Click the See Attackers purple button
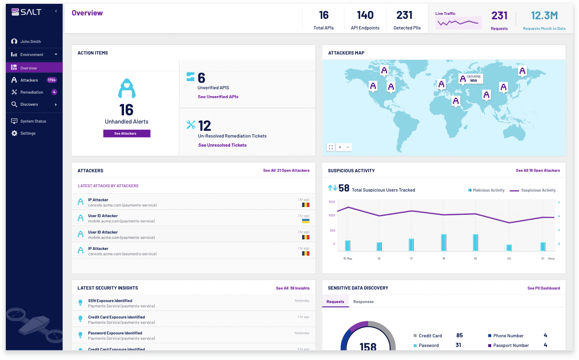126,134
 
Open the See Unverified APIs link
218,97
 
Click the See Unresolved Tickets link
222,145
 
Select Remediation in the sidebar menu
31,92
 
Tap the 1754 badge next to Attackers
52,80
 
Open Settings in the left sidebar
28,133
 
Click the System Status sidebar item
33,121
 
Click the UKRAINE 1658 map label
471,78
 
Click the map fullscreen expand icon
331,147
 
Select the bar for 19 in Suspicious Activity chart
475,242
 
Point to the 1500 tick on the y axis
331,202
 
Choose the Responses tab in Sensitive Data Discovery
363,302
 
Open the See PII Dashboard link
543,288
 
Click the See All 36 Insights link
292,288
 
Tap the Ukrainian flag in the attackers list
305,221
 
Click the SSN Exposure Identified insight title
110,301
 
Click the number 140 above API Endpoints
365,15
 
